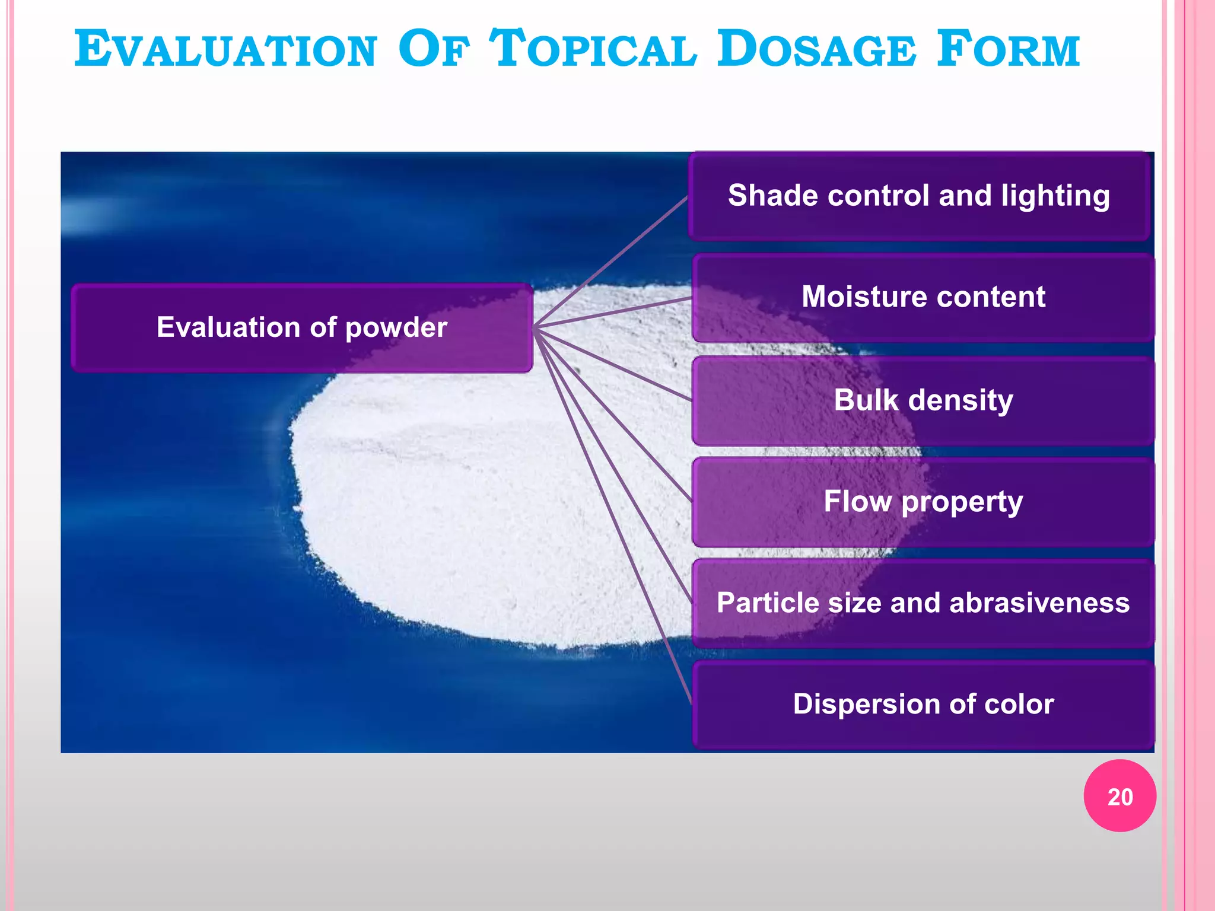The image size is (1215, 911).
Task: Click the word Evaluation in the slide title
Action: point(225,50)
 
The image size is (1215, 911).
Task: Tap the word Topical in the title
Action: point(593,50)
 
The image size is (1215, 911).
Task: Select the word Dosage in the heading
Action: point(816,50)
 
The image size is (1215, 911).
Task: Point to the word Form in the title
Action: point(1008,50)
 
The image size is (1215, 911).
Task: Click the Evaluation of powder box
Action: point(301,328)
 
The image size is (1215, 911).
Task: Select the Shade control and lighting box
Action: point(918,196)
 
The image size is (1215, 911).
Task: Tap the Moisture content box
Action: point(923,297)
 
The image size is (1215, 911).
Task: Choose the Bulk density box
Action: point(923,400)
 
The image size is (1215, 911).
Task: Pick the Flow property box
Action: point(923,502)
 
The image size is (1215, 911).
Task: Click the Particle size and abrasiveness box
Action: point(923,603)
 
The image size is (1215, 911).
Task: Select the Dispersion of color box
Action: point(923,705)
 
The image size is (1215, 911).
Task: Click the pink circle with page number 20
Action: point(1119,796)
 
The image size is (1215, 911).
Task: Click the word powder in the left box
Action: point(396,328)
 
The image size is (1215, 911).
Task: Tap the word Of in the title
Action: point(434,50)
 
